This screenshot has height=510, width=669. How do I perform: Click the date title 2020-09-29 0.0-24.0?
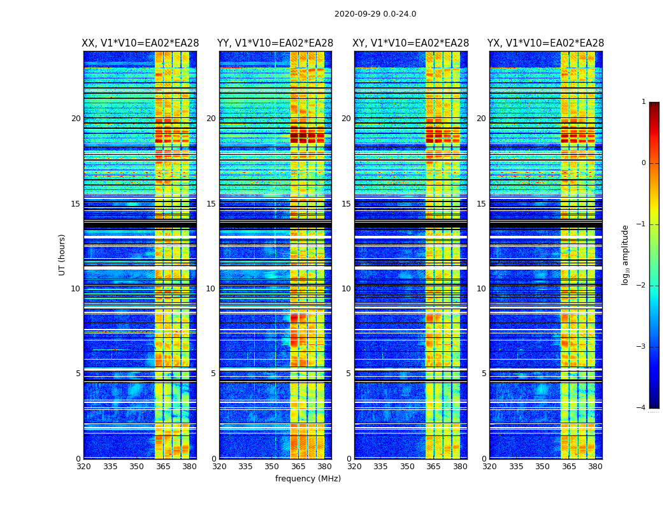click(x=375, y=14)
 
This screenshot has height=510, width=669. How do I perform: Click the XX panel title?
click(x=140, y=43)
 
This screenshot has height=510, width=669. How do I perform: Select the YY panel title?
click(x=275, y=43)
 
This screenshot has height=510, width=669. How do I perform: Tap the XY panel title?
click(x=411, y=43)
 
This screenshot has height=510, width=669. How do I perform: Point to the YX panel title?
click(x=545, y=43)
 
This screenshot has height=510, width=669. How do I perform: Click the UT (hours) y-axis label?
click(x=62, y=254)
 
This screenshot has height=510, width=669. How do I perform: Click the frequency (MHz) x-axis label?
click(x=308, y=479)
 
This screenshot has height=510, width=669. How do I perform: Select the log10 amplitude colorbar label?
click(x=626, y=254)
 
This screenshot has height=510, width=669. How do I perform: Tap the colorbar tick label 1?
click(x=644, y=102)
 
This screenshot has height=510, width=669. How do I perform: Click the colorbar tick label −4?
click(x=642, y=408)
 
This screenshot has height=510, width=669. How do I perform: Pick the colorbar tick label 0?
click(x=644, y=163)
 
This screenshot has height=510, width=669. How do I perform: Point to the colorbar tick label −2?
click(x=642, y=286)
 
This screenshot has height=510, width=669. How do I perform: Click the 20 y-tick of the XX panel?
click(x=76, y=119)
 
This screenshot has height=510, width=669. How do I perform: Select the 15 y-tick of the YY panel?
click(x=211, y=204)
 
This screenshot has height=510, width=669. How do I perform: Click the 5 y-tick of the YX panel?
click(x=484, y=374)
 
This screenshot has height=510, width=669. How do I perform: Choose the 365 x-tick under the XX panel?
click(x=163, y=467)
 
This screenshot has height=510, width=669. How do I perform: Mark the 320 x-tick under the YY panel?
click(x=219, y=467)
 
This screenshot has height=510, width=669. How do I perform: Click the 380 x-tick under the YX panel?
click(x=595, y=467)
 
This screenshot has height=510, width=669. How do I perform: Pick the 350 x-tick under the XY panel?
click(x=407, y=467)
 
